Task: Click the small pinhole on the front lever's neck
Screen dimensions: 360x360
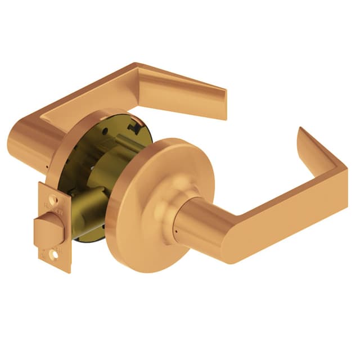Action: click(x=176, y=232)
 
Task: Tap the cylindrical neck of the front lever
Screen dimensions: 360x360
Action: click(x=194, y=219)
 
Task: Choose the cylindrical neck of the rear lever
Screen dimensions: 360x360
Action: click(x=34, y=143)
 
